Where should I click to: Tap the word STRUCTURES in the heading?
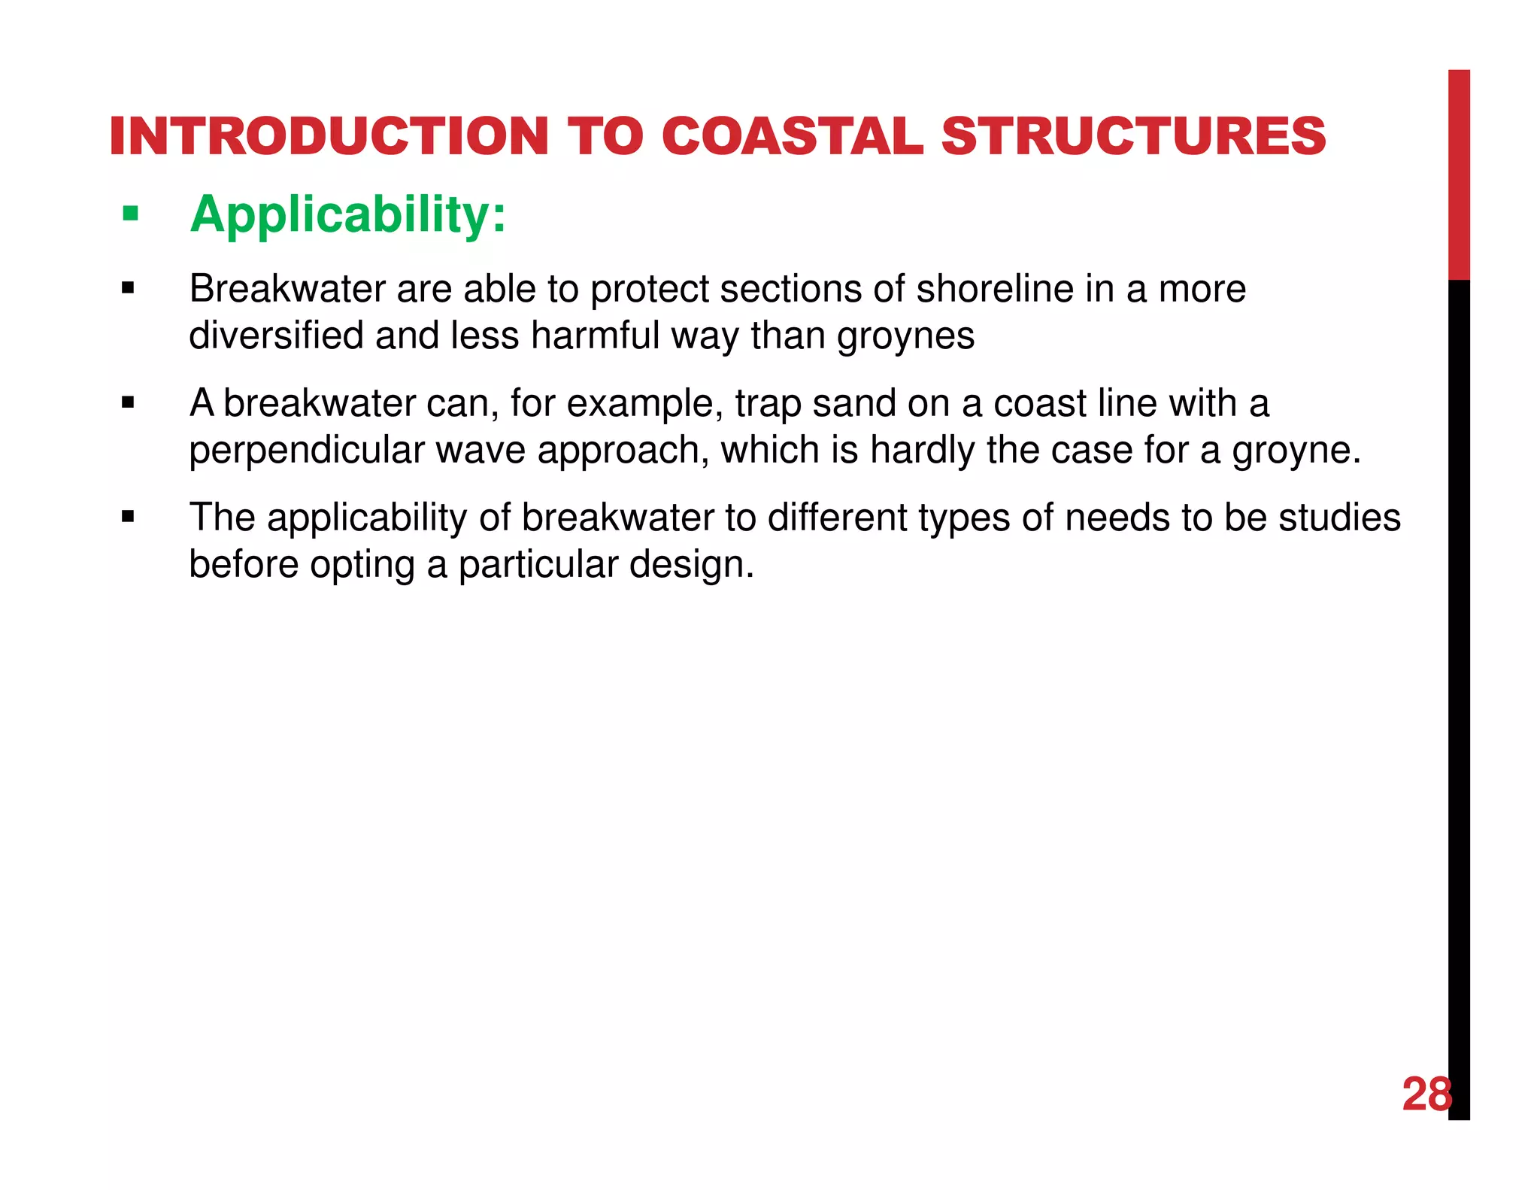[x=1133, y=137]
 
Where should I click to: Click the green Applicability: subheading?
[x=348, y=215]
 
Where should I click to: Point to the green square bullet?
[x=131, y=215]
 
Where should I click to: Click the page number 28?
[x=1426, y=1094]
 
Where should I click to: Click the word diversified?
[x=276, y=335]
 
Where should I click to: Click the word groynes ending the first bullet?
[x=905, y=335]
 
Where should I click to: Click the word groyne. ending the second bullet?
[x=1296, y=451]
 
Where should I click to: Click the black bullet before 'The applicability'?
[x=128, y=517]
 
